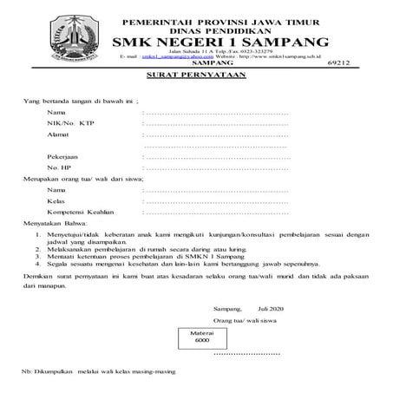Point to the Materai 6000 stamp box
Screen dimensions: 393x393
point(201,337)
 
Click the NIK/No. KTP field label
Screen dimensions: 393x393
point(70,124)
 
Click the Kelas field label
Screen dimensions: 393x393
point(57,200)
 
